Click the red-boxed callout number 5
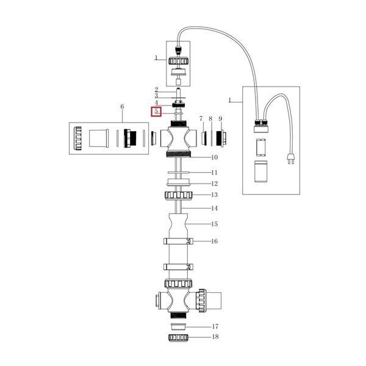156,112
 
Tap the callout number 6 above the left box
122,107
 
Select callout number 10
214,157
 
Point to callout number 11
214,173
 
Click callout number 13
214,195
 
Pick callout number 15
214,224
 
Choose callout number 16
214,241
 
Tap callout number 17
215,326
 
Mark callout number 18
215,337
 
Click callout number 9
220,118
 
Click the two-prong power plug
291,159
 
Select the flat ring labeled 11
178,173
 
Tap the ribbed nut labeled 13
178,195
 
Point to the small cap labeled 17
178,327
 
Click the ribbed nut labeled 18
178,337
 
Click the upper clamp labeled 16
178,241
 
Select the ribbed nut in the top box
178,61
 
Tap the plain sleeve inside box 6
99,138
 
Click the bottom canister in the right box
260,171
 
